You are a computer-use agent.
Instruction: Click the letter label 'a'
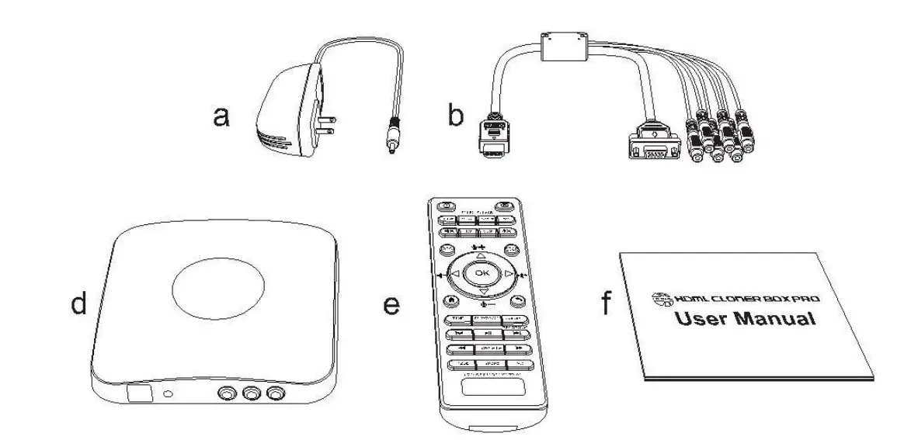tap(221, 118)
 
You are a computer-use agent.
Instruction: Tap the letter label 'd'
tap(78, 304)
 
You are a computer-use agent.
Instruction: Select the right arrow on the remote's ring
tap(508, 274)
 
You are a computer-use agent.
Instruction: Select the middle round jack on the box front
tap(250, 395)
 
